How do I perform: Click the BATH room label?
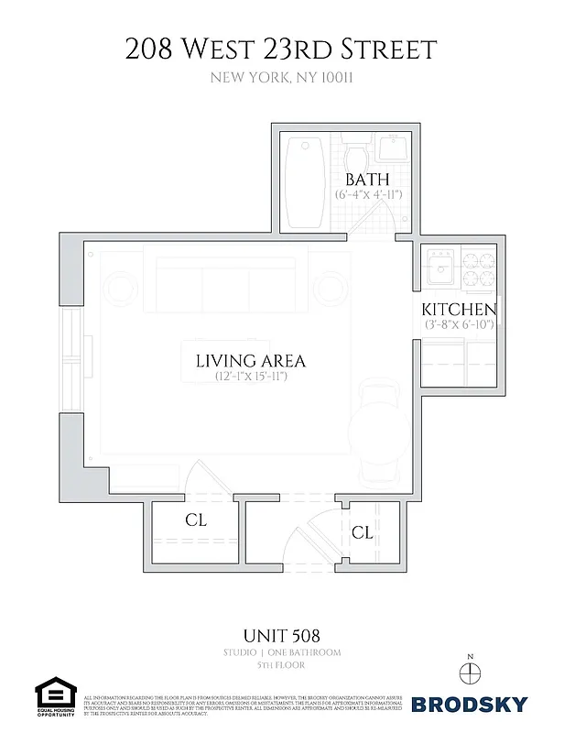coord(367,179)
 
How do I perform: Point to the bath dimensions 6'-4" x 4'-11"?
coord(368,195)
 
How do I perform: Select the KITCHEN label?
coord(459,310)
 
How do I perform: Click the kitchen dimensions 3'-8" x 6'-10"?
coord(459,325)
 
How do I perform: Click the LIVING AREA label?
coord(250,360)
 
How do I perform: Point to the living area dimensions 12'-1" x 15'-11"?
coord(250,377)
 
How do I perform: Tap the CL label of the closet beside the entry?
coord(362,531)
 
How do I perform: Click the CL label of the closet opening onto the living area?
coord(196,520)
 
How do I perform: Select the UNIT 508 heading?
coord(281,633)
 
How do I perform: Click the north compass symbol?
coord(471,671)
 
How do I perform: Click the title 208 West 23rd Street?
coord(281,49)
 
